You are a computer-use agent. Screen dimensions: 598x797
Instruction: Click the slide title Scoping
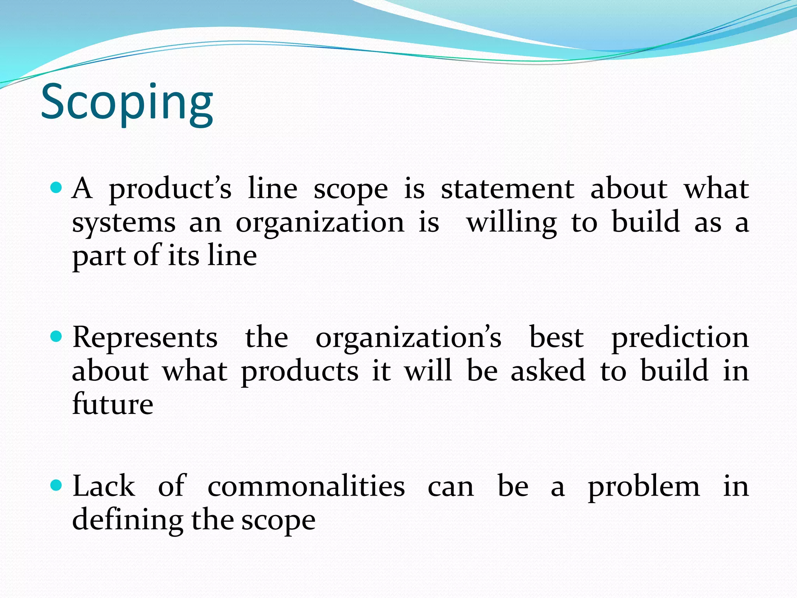[x=127, y=103]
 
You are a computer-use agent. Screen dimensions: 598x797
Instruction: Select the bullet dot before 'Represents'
[x=56, y=336]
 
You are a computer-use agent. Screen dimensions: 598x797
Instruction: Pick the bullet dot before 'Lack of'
[x=56, y=485]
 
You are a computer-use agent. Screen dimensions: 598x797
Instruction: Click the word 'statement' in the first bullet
[x=507, y=189]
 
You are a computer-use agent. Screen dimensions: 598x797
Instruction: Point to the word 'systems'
[x=124, y=223]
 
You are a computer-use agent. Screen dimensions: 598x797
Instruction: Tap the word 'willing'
[x=512, y=223]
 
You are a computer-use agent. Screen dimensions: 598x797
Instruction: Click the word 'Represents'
[x=145, y=337]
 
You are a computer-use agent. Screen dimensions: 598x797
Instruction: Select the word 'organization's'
[x=408, y=338]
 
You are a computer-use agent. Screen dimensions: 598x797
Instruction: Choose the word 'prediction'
[x=680, y=338]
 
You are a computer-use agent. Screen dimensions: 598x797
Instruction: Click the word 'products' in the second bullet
[x=300, y=372]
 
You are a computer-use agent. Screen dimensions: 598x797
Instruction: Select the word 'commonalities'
[x=306, y=487]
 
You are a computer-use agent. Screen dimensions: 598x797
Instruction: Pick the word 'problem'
[x=644, y=487]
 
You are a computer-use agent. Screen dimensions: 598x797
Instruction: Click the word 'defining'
[x=128, y=521]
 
